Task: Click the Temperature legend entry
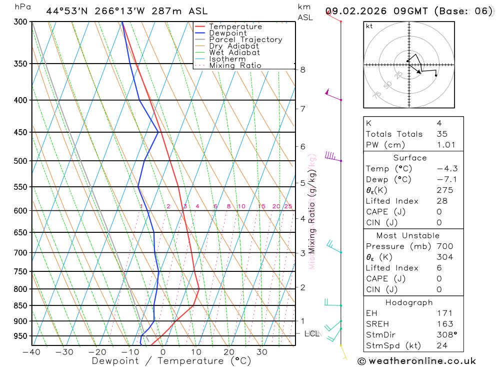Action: click(235, 27)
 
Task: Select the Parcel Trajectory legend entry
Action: click(245, 40)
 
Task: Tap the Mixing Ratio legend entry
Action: click(235, 66)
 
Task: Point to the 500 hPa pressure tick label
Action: click(20, 161)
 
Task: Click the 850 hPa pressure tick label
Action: click(20, 305)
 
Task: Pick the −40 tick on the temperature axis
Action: click(31, 352)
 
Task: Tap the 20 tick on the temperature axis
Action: click(229, 352)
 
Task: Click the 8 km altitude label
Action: click(302, 70)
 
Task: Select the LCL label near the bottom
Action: click(311, 333)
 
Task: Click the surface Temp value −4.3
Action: click(446, 169)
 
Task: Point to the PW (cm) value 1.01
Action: click(446, 145)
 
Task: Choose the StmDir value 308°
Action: click(446, 335)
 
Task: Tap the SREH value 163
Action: click(444, 324)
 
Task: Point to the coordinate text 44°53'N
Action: click(66, 11)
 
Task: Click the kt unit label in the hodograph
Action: click(369, 26)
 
